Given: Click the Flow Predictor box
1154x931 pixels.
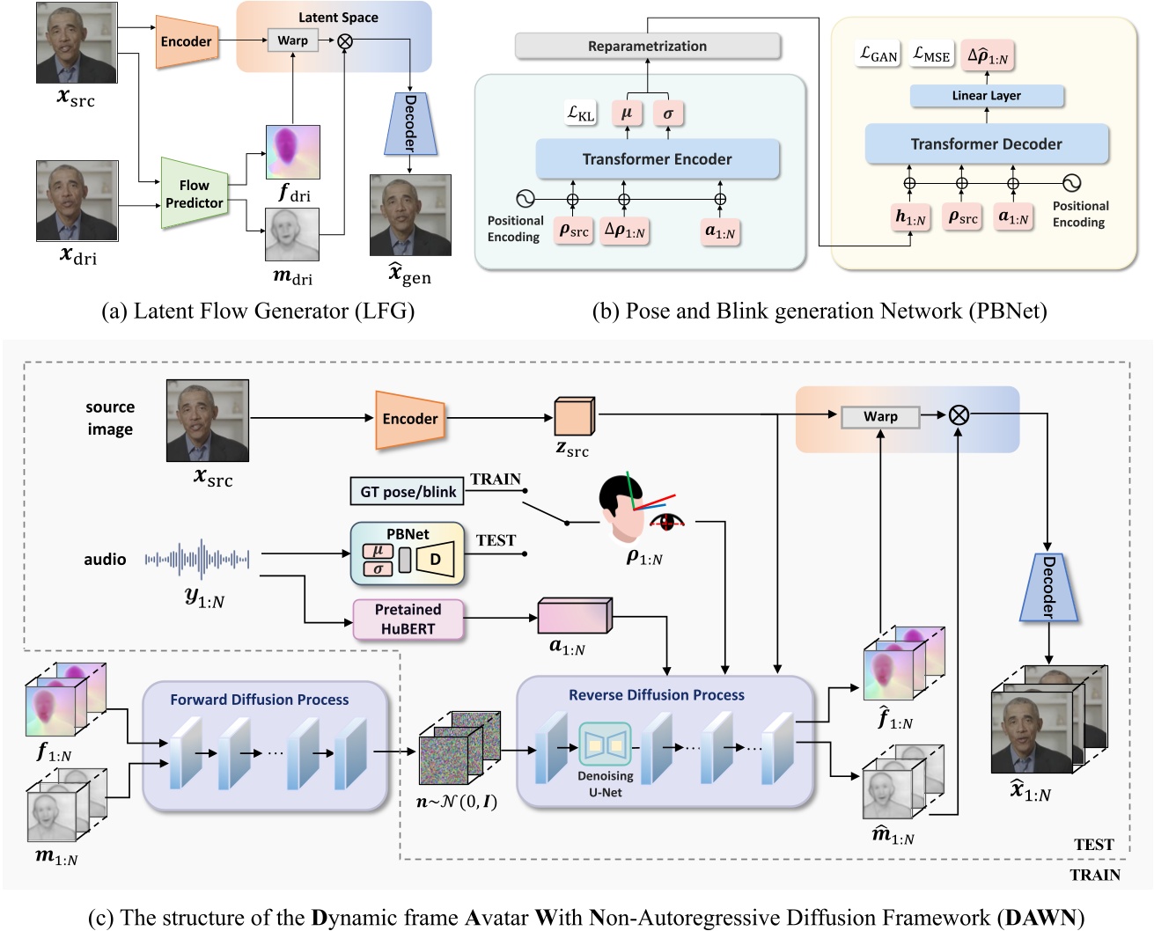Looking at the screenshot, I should tap(194, 194).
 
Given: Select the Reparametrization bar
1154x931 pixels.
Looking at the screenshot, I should tap(647, 46).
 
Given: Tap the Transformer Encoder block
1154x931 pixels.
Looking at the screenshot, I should tap(657, 159).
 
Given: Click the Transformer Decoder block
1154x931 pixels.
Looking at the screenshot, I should tap(986, 144).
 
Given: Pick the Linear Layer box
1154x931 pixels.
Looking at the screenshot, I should tap(986, 96).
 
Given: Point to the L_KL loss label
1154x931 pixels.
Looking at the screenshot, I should tap(581, 114).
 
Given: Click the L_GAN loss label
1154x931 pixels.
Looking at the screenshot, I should tap(878, 55).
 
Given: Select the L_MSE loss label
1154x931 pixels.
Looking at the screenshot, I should tap(931, 55).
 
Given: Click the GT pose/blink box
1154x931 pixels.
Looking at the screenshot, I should tap(408, 492).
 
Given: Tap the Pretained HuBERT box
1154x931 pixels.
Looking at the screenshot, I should tap(408, 619).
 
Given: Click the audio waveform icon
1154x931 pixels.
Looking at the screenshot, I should tap(197, 559).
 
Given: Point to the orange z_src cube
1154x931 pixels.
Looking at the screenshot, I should tap(574, 417).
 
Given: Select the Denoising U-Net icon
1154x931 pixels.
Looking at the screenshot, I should tap(605, 746).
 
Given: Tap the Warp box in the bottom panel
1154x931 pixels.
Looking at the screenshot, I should tap(879, 417).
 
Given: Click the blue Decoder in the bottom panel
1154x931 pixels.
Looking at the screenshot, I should tap(1047, 588).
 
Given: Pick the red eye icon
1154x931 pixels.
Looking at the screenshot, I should tap(667, 522).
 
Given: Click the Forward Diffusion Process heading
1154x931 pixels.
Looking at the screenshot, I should tap(259, 700).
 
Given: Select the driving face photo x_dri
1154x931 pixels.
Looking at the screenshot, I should tap(77, 201).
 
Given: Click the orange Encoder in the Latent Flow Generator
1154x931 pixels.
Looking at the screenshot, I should tap(186, 41).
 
